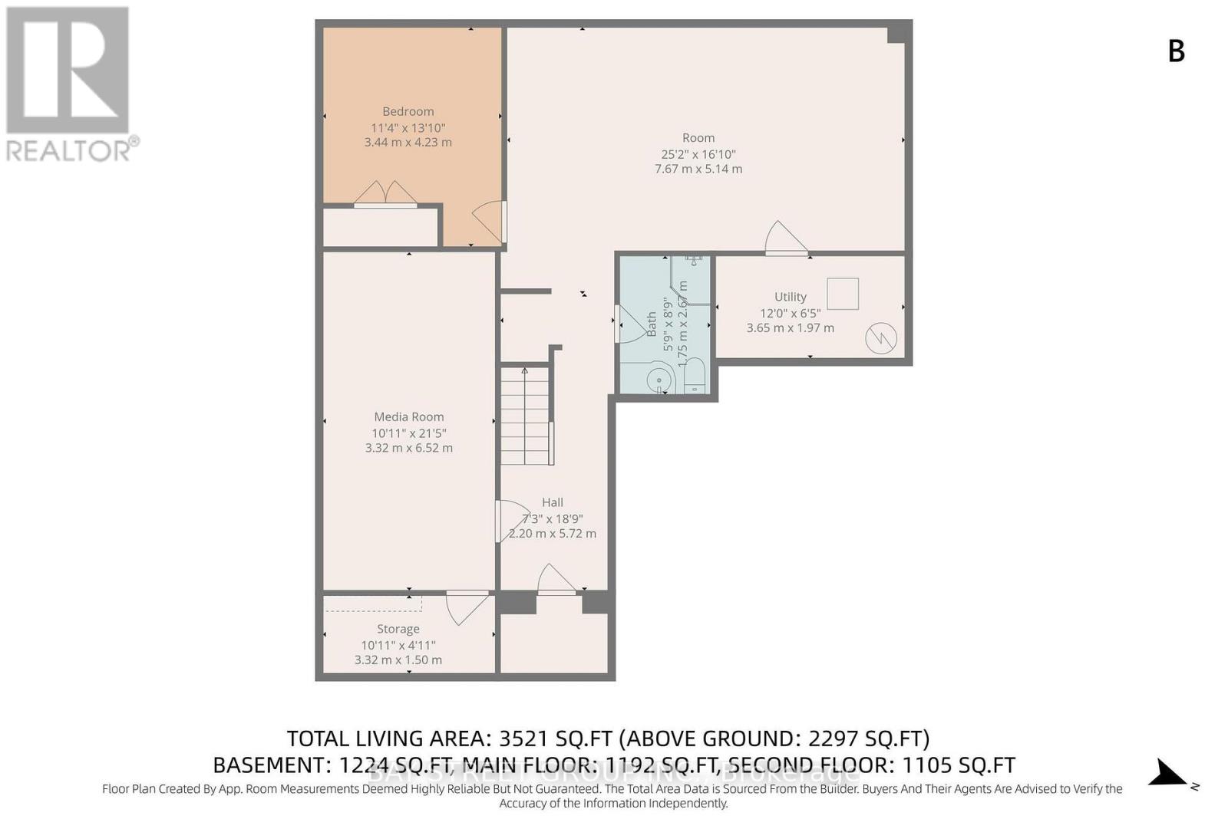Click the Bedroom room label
tap(408, 112)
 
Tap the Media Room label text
tap(408, 417)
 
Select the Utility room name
tap(790, 297)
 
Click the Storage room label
tap(398, 629)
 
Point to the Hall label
tap(552, 503)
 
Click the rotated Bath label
tap(652, 324)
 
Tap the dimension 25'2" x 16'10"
tap(698, 154)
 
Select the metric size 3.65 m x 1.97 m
tap(790, 328)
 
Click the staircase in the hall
tap(526, 415)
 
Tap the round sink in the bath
tap(659, 380)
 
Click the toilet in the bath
tap(694, 375)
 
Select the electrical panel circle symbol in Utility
tap(880, 339)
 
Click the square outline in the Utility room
tap(842, 294)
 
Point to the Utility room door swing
tap(784, 238)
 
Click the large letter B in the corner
tap(1176, 51)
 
